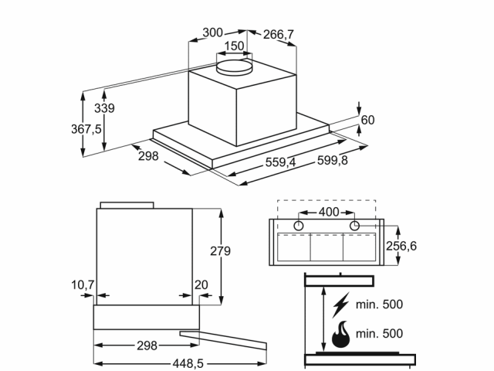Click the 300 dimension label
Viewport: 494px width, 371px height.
pos(213,32)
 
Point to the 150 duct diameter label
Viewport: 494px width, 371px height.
pos(234,46)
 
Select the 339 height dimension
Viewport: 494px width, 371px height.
pos(104,108)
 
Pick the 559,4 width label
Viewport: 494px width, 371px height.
pos(280,162)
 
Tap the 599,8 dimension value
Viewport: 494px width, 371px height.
pos(333,160)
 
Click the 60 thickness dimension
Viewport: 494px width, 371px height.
pos(367,120)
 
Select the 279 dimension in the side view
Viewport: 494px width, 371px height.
pos(221,250)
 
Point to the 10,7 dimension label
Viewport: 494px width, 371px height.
pos(83,285)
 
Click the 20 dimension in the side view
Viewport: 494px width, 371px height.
pos(201,285)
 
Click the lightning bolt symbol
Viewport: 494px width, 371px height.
pos(340,304)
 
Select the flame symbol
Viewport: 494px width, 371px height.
pos(340,336)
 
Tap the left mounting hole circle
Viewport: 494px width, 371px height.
pos(299,225)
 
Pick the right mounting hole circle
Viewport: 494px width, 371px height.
pos(354,225)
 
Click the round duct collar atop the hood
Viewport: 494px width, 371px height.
pos(235,66)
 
